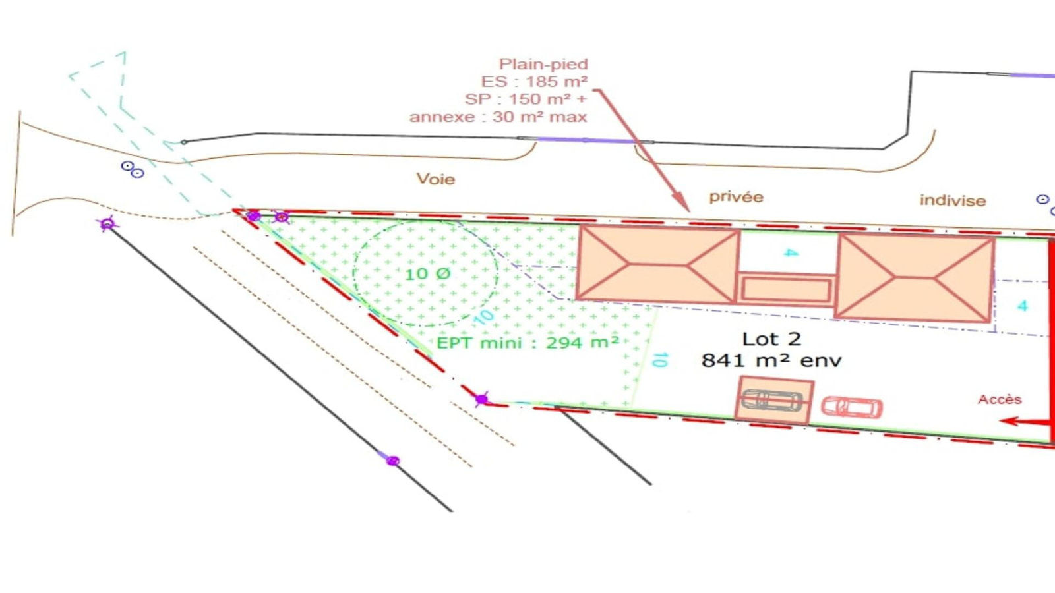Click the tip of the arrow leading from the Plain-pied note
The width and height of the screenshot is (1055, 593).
pos(689,211)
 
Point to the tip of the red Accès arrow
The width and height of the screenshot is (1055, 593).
pos(1000,421)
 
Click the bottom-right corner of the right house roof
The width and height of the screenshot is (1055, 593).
pos(990,322)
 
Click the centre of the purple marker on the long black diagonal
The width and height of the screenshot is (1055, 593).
pos(393,461)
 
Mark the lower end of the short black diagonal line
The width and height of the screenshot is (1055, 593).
pos(651,484)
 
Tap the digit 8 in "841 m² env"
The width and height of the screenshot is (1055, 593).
pos(709,361)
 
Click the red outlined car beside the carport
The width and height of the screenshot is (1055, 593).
pos(852,407)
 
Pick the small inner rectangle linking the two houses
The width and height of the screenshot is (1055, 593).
pos(785,290)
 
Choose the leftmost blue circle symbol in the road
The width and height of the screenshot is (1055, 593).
pos(127,166)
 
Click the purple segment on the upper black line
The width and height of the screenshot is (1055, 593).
pos(586,140)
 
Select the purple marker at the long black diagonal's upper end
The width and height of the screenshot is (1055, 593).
pos(107,223)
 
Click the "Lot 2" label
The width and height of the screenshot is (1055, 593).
pos(771,339)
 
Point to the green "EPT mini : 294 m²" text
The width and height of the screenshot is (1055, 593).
pos(527,342)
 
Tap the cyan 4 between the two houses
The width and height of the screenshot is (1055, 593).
pos(791,253)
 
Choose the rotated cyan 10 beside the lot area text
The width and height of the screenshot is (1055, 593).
pos(660,360)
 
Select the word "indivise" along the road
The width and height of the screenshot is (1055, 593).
pos(952,200)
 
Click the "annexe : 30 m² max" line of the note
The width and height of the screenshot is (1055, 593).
pos(498,117)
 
